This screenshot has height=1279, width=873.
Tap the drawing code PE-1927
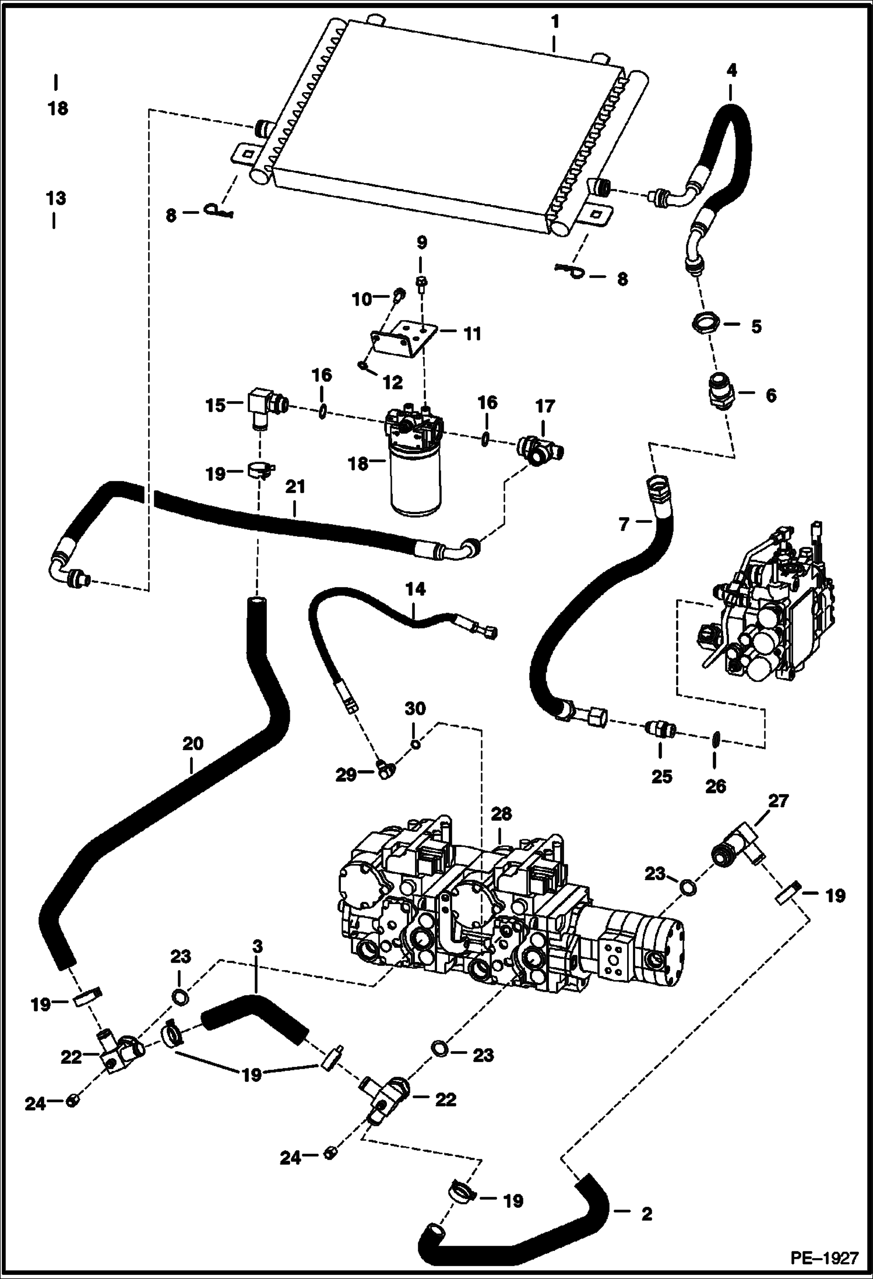pyautogui.click(x=824, y=1257)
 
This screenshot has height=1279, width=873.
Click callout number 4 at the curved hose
pyautogui.click(x=731, y=70)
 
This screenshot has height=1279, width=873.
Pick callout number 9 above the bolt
pyautogui.click(x=421, y=242)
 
